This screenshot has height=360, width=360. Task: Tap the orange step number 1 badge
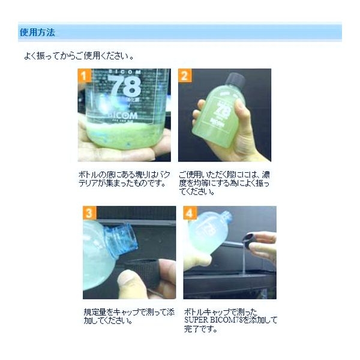85,76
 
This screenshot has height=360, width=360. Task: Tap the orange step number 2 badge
185,76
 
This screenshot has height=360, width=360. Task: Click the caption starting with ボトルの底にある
124,178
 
